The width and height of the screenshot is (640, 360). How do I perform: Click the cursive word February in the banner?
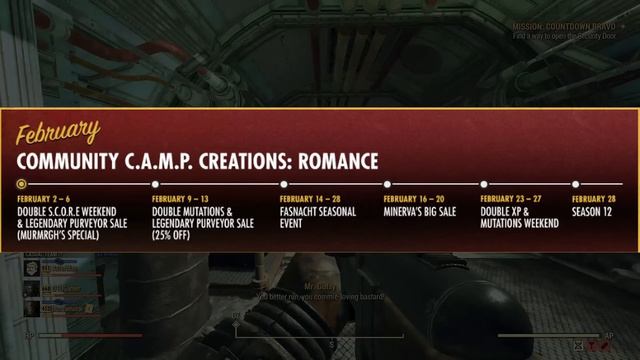pos(58,131)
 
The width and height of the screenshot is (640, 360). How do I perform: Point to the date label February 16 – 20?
pos(414,199)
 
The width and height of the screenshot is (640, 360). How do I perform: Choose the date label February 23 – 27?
pos(511,199)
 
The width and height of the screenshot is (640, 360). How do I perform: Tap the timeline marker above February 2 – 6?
pos(22,184)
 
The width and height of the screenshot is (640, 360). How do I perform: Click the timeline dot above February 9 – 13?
pos(155,184)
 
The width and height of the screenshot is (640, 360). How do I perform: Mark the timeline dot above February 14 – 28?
pos(283,184)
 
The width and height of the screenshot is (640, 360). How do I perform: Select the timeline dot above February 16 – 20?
pos(387,184)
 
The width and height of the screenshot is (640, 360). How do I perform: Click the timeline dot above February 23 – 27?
pos(484,184)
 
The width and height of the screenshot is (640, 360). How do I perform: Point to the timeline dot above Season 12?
pos(575,184)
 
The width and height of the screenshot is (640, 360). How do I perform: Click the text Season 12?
pos(593,212)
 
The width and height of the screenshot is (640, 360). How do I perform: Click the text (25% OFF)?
pos(172,236)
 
